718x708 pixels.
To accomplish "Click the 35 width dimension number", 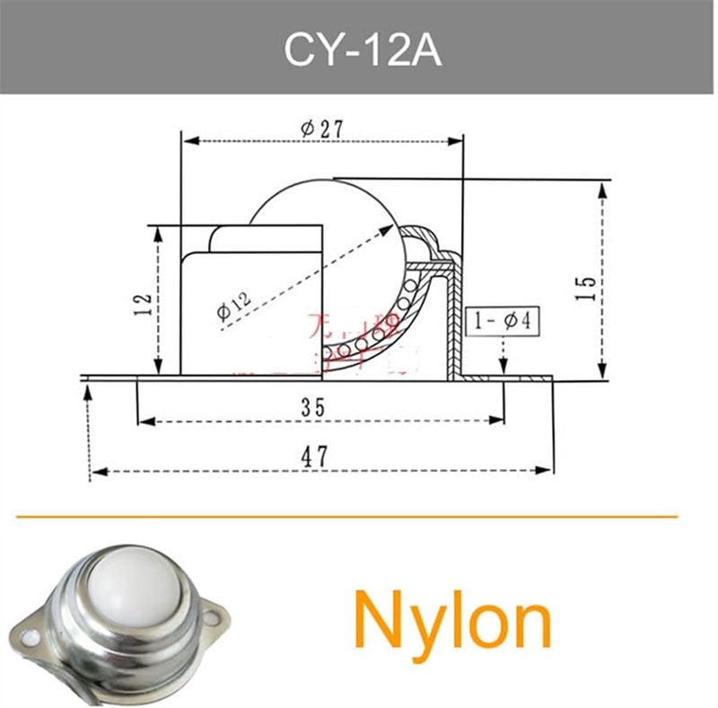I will click(312, 407).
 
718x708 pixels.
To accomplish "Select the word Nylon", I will click(451, 621).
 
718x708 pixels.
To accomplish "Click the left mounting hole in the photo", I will click(32, 639).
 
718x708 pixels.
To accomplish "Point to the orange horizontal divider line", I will click(346, 518).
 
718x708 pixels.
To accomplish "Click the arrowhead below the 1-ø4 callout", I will click(503, 366).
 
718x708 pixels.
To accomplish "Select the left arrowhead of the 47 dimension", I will click(97, 470).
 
